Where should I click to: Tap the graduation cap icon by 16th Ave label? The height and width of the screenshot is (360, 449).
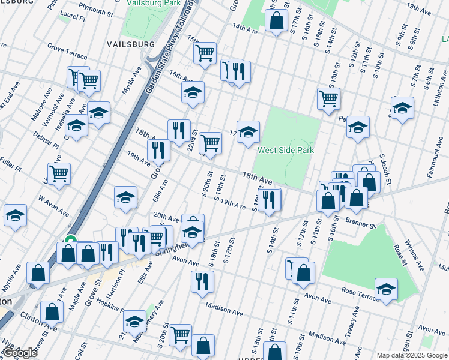[193, 92]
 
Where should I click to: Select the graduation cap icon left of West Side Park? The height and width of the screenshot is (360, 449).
[248, 131]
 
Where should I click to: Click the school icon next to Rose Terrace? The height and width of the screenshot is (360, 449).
[386, 289]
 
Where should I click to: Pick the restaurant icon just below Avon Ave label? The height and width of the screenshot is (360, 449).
[202, 281]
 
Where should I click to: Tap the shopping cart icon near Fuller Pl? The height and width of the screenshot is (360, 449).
[59, 173]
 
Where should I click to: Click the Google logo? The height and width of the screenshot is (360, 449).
[20, 352]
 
